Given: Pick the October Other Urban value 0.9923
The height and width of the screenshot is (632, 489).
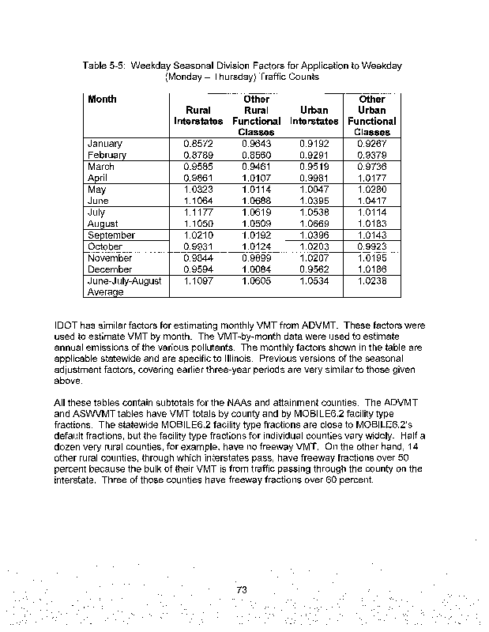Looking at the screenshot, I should click(x=371, y=246).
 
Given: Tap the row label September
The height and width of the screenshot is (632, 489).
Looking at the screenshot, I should click(x=111, y=235).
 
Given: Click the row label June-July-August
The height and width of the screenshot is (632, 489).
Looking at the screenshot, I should click(x=125, y=280).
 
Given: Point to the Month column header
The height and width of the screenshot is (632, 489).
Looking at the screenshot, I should click(x=103, y=100).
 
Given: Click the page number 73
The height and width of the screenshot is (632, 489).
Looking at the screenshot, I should click(x=244, y=589).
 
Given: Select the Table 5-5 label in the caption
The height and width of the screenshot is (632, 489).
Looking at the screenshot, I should click(x=107, y=66).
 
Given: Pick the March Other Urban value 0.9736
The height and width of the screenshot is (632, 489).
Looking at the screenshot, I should click(x=371, y=167).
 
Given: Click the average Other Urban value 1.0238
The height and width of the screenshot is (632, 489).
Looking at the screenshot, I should click(x=371, y=280).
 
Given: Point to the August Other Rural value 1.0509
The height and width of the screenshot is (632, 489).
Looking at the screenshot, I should click(x=256, y=224).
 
